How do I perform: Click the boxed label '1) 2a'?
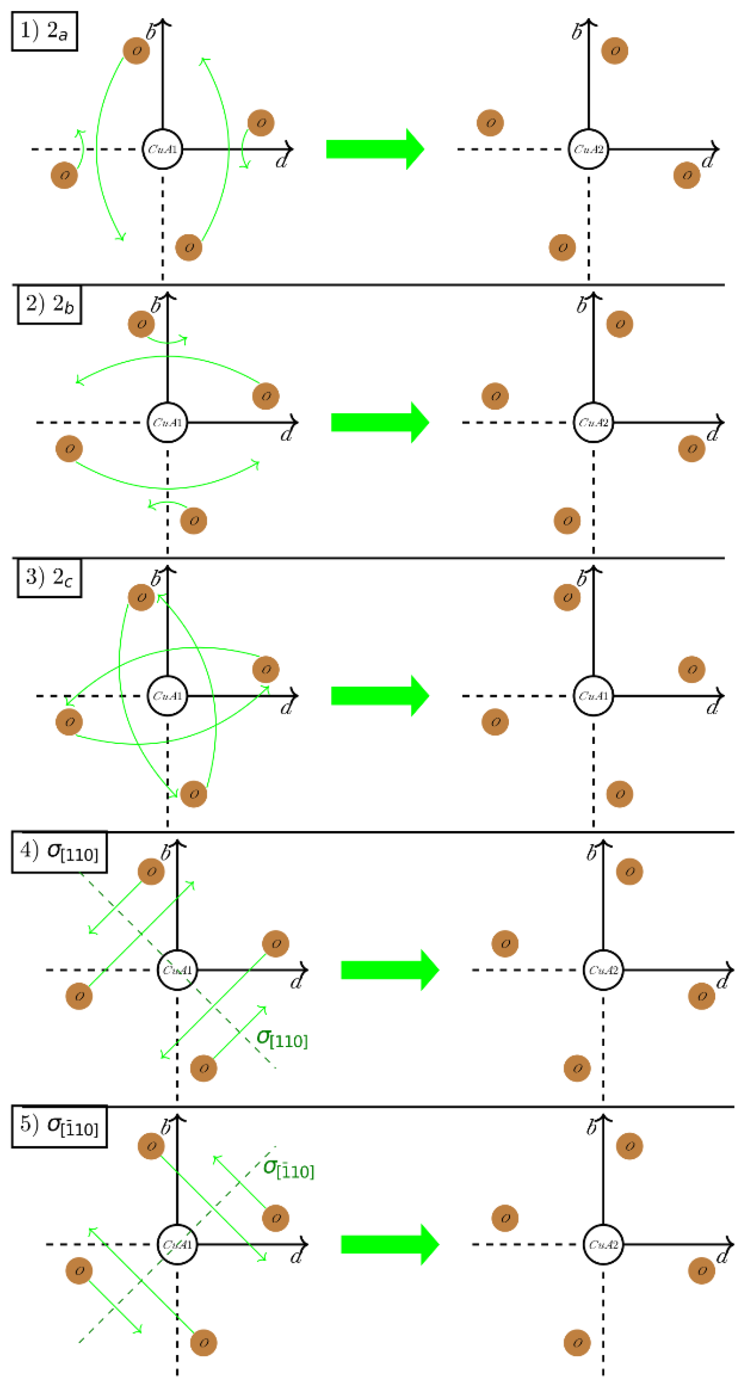(44, 31)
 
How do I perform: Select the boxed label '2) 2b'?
(49, 305)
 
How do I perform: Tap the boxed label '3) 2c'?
(49, 578)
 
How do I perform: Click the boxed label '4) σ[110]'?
(59, 852)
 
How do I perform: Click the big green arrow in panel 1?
(375, 149)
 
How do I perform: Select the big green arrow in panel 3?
(380, 695)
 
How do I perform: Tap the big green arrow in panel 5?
(390, 1244)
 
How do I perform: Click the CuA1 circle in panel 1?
(162, 149)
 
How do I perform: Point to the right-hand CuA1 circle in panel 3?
(593, 696)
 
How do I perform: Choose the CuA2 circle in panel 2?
(593, 423)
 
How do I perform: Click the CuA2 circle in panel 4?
(602, 970)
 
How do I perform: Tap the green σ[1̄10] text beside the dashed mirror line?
(289, 1169)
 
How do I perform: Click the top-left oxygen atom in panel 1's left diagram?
(136, 50)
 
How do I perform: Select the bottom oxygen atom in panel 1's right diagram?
(562, 247)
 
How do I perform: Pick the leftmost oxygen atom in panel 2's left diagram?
(69, 449)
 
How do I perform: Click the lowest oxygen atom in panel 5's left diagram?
(204, 1343)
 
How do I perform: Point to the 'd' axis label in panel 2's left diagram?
(286, 434)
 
